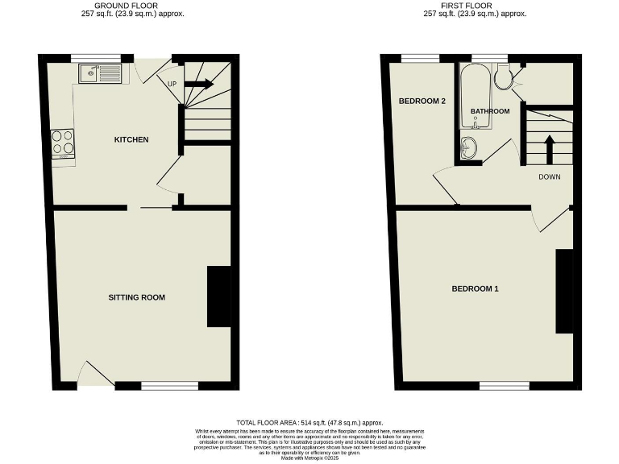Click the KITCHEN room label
131,139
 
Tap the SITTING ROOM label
136,297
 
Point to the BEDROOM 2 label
422,101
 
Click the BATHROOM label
490,111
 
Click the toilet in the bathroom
504,77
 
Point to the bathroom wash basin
469,147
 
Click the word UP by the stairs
172,84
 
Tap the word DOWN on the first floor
550,176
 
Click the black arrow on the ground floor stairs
198,83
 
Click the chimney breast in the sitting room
218,296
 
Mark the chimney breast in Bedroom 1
564,292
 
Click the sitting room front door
97,375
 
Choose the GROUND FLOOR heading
126,6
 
